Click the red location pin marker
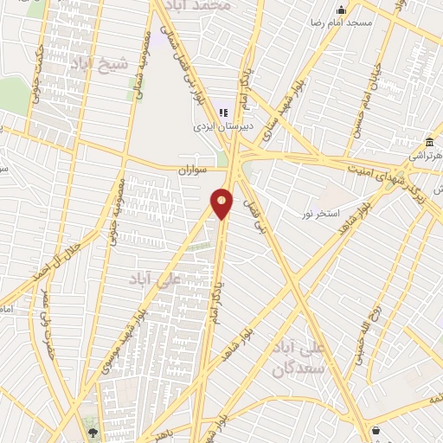(x=222, y=203)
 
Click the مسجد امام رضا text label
(x=369, y=22)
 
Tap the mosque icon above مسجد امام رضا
(x=341, y=10)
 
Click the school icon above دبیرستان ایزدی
(x=223, y=112)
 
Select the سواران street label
(x=195, y=169)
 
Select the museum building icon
(x=429, y=142)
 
